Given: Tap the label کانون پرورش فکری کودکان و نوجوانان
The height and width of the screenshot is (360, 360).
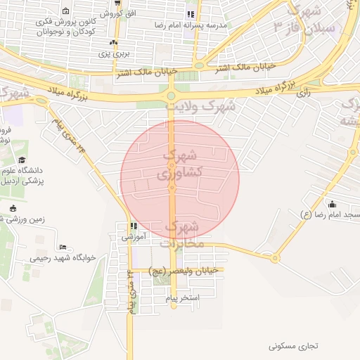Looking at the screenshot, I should (66, 27).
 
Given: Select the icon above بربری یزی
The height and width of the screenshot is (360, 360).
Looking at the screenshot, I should (114, 43).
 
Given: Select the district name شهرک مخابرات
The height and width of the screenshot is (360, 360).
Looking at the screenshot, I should (184, 236).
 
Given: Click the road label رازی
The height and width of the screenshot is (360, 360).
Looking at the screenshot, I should (304, 92).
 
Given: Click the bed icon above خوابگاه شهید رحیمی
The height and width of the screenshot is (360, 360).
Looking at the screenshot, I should (63, 247).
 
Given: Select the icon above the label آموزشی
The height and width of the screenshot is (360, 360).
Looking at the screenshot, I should (132, 226).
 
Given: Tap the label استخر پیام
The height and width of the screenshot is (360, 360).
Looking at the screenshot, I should (183, 299).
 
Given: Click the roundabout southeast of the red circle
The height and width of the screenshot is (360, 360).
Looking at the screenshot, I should (274, 259).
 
